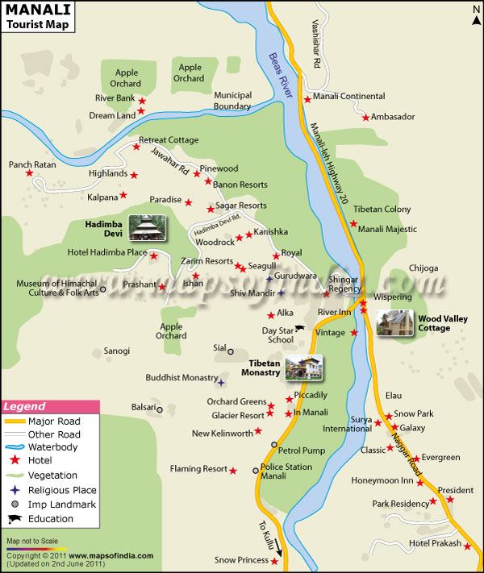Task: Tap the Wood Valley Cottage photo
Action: [x=395, y=322]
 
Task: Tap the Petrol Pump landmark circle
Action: [x=273, y=445]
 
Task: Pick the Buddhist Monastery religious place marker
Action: [x=221, y=378]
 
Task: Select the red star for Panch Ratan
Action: [x=30, y=172]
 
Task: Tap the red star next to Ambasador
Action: [x=365, y=118]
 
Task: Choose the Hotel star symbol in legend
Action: [x=14, y=460]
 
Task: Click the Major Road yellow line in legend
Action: [x=14, y=421]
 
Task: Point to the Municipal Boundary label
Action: [x=232, y=101]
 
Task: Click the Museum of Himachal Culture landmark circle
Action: [x=102, y=288]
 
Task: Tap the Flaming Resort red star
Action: [x=233, y=470]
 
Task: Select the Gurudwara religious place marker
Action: [x=269, y=279]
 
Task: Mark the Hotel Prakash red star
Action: [x=467, y=544]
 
